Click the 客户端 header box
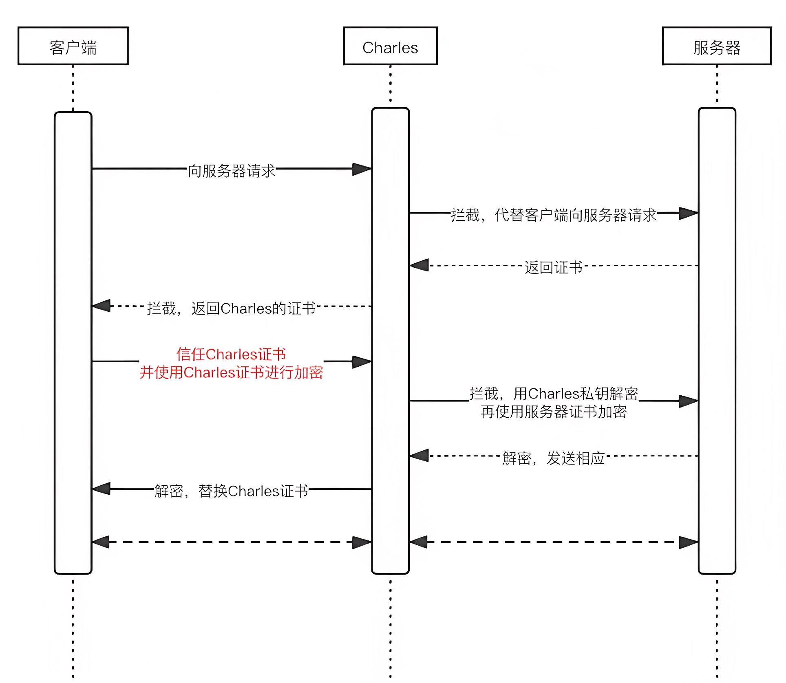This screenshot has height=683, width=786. pos(73,46)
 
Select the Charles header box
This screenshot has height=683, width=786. pos(390,46)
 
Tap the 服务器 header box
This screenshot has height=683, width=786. pos(717,46)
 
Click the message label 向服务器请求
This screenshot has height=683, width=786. pos(232,171)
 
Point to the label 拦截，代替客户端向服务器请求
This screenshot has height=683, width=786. pos(553,215)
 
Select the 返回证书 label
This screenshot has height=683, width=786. pos(553,267)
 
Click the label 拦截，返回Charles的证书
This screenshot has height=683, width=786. pos(231,308)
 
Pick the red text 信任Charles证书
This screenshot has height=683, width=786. pos(231,354)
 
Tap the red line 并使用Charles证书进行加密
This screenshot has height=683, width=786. pos(231,372)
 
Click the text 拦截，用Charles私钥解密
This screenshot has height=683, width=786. pos(553,393)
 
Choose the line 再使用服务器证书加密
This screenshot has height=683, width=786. pos(553,412)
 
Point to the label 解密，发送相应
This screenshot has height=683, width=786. pos(553,458)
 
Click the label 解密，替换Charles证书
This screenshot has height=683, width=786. pos(231,491)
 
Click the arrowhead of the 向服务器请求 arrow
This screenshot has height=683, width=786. pos(362,169)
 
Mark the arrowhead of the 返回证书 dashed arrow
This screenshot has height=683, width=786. pos(419,265)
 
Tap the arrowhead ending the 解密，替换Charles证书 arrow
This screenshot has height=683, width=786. pos(102,489)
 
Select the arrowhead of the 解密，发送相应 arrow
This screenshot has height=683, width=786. pos(419,456)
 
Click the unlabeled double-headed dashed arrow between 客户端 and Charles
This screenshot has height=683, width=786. pos(231,542)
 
